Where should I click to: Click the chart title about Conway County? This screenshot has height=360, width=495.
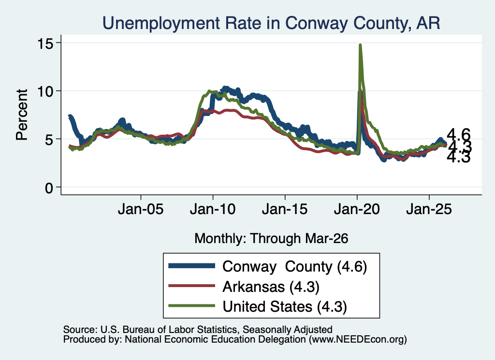271,23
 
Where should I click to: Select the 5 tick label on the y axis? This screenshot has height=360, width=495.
49,140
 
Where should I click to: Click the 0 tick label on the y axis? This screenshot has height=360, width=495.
49,188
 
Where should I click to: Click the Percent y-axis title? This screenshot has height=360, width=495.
22,115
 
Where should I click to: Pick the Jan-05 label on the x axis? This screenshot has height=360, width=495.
141,209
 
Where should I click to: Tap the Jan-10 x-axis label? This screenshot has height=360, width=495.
213,209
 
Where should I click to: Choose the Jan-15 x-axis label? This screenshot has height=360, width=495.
285,209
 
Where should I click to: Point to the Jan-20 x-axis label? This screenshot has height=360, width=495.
357,209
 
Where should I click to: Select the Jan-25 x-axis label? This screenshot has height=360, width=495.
429,209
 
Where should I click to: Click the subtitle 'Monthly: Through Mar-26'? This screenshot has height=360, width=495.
271,239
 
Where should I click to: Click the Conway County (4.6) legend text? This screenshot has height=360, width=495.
294,267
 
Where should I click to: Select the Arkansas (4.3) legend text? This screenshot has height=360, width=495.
271,287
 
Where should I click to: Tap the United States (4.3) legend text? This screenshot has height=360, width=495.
285,307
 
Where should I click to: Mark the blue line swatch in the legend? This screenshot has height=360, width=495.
191,266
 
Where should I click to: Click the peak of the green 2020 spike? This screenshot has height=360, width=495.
360,45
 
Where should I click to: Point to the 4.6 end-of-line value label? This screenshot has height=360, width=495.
459,135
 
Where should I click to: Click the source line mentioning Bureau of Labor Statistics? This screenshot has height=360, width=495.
198,330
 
